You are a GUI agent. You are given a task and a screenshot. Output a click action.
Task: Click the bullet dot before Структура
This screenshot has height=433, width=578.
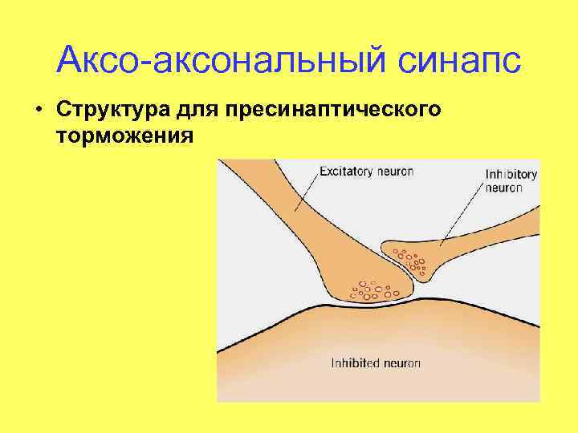tap(39, 108)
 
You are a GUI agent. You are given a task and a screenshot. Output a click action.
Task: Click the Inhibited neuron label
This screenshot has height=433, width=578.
tap(376, 363)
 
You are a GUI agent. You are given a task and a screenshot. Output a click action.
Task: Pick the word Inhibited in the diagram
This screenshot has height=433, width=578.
tap(355, 363)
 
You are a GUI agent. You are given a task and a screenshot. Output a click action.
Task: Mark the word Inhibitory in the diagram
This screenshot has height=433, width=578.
tap(511, 174)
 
